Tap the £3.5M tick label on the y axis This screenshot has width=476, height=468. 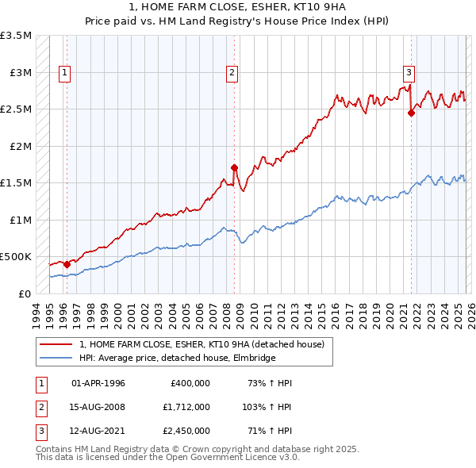point(16,36)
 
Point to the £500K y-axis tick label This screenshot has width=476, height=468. point(16,257)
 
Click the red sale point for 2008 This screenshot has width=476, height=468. point(234,167)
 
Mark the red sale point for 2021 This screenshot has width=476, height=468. point(411,113)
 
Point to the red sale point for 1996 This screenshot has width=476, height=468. point(66,264)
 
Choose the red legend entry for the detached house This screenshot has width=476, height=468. point(202,345)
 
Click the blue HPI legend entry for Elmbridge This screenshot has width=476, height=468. point(176,359)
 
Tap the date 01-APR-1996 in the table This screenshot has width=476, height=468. point(98,383)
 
